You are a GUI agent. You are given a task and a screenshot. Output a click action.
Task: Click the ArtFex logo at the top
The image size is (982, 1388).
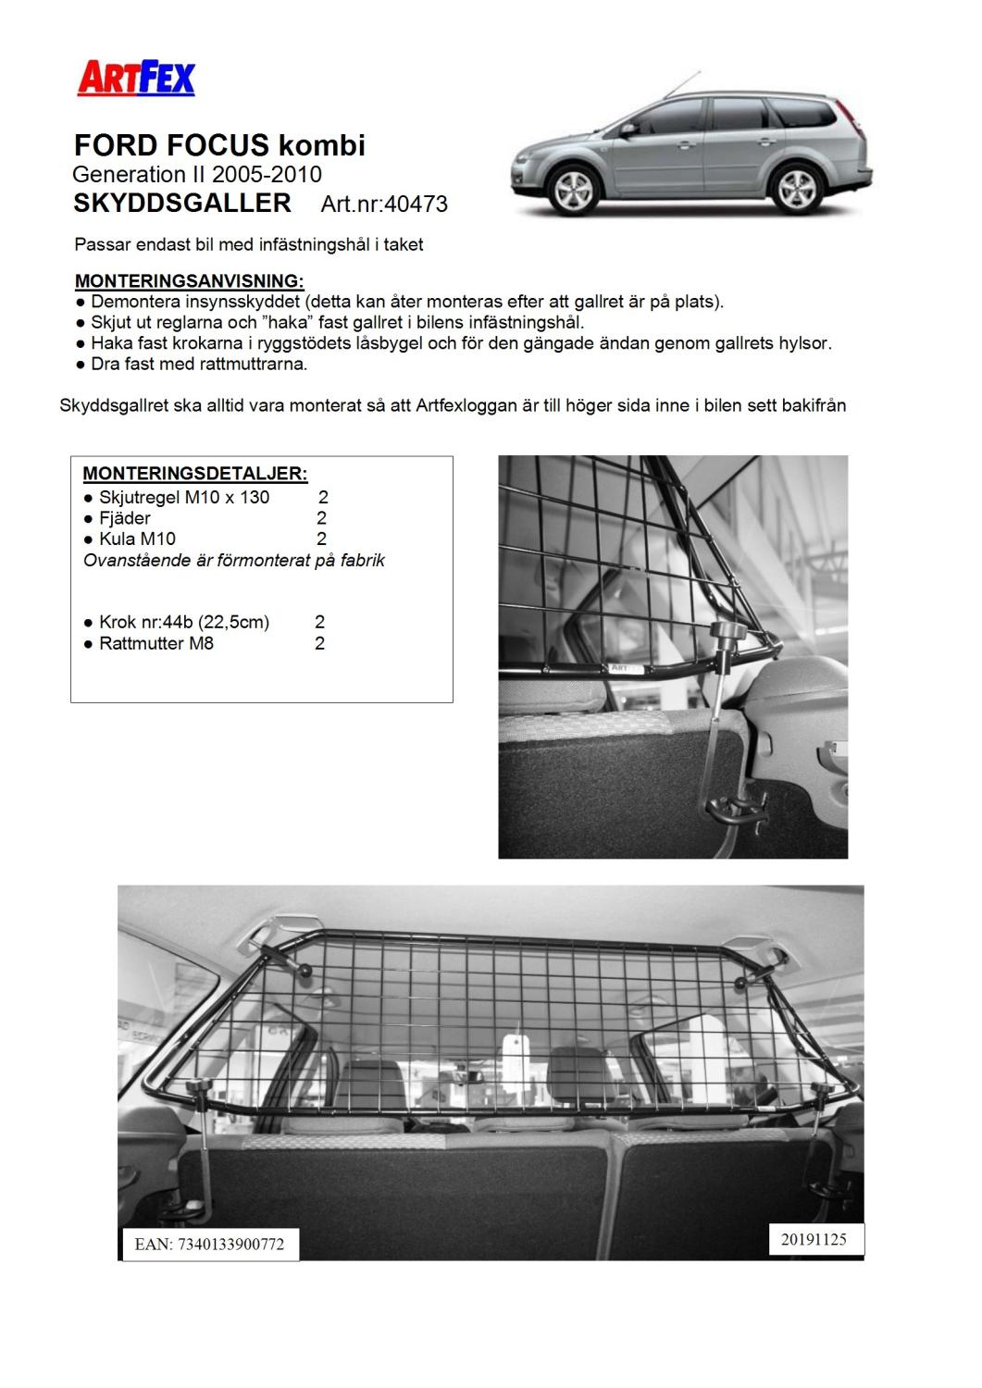pos(135,78)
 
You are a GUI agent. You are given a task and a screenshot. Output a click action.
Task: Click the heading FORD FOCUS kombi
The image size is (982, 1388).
pos(219,145)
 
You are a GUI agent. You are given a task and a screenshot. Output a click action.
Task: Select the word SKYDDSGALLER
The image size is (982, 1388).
pos(182,203)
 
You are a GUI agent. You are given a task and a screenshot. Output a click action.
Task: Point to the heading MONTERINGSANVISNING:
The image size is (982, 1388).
pos(189,280)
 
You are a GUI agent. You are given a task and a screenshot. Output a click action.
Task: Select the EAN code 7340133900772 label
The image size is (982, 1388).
pos(208,1244)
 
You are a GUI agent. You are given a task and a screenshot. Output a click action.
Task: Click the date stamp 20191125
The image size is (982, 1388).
pos(814,1239)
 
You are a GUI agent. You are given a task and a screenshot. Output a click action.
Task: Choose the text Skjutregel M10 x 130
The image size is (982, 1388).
pos(184,497)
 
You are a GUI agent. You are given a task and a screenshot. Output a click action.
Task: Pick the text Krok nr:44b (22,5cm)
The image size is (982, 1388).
pos(184,622)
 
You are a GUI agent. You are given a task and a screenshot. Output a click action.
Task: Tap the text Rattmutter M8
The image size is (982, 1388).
pos(155,643)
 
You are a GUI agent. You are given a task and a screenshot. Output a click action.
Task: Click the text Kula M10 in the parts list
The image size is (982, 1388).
pos(137,539)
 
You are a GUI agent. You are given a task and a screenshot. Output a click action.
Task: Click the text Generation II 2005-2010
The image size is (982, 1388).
pos(197,174)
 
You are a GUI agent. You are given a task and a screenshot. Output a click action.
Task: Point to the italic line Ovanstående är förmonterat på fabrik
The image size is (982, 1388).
pos(234,560)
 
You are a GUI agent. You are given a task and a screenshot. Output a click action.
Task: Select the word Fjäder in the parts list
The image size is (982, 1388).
pos(124,518)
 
